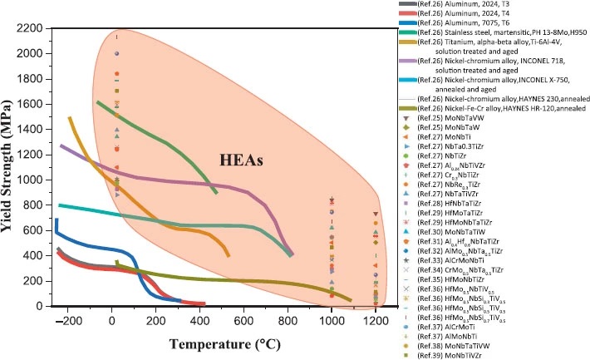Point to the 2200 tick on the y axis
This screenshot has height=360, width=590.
click(x=32, y=28)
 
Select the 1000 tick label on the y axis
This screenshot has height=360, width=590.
click(x=32, y=180)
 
